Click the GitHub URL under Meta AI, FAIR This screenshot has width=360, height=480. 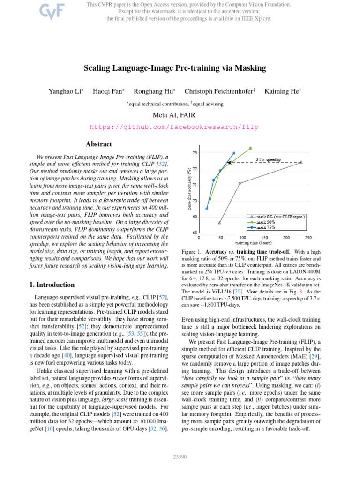[x=174, y=127]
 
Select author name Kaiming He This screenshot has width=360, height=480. [x=282, y=91]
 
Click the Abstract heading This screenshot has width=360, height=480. [x=99, y=144]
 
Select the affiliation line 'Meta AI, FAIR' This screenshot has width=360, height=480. [x=174, y=115]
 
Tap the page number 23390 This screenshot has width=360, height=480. [x=180, y=457]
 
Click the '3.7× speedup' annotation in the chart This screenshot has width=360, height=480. [x=268, y=160]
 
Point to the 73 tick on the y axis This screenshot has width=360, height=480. [x=195, y=153]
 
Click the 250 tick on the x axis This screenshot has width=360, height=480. [x=308, y=238]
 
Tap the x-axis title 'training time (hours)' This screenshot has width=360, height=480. [x=253, y=243]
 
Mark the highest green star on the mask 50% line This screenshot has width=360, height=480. [x=251, y=148]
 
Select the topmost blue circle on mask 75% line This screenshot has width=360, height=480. [x=234, y=153]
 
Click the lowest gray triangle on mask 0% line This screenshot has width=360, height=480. [x=219, y=223]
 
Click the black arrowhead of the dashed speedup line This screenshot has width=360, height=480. [x=229, y=163]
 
